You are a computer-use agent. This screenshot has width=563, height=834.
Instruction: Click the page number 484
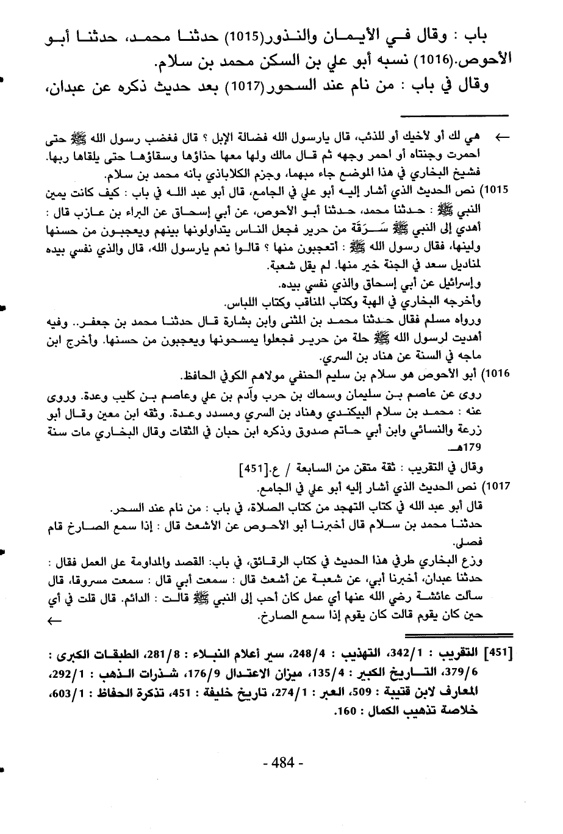282,762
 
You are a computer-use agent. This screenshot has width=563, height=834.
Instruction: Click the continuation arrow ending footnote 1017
54,620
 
